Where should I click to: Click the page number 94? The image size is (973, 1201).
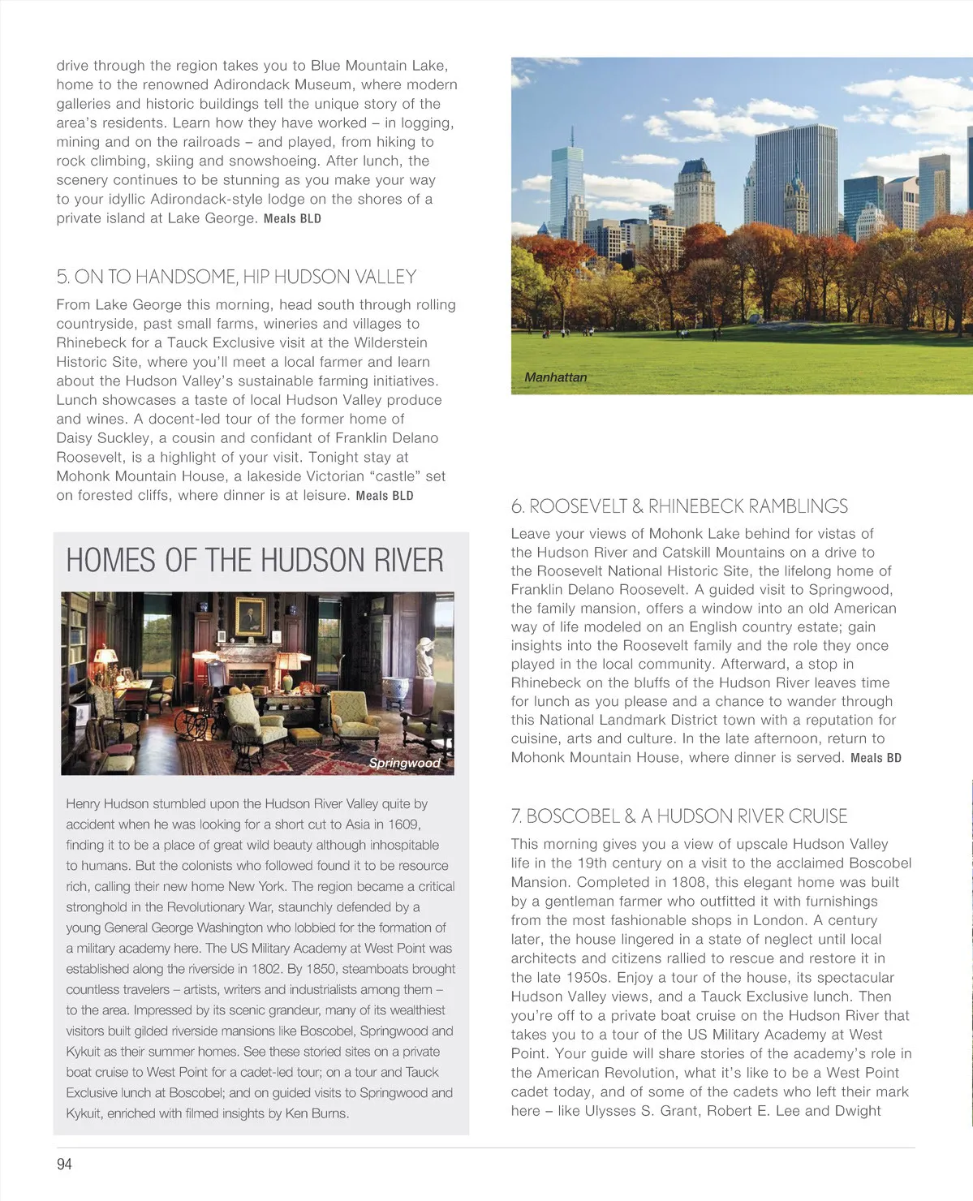[x=64, y=1164]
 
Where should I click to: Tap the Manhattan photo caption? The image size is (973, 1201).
[x=555, y=377]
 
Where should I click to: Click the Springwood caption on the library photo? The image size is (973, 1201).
[x=404, y=763]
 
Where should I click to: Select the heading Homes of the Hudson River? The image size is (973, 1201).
[x=255, y=561]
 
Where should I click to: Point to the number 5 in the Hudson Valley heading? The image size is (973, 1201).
[x=62, y=278]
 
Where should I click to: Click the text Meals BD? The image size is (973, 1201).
[x=876, y=758]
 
